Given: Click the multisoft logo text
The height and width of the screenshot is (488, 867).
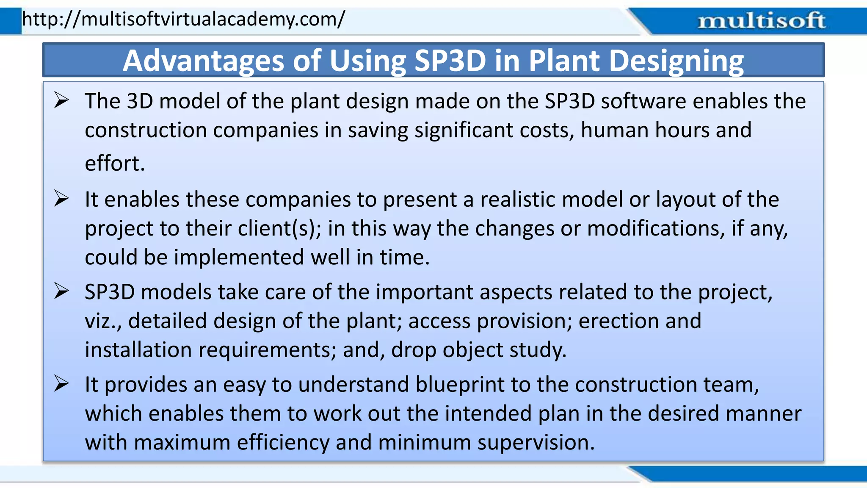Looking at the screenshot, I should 761,21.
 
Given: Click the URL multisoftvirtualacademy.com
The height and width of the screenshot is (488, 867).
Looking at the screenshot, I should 183,19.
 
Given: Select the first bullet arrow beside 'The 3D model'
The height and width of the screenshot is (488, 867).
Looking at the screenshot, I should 61,101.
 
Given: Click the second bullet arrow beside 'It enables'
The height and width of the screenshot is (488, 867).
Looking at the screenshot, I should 61,199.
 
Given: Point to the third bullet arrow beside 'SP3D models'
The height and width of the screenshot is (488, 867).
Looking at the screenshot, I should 61,291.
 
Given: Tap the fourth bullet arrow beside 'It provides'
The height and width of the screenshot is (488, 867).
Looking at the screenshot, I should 61,384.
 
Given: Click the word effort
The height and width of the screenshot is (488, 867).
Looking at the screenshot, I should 115,164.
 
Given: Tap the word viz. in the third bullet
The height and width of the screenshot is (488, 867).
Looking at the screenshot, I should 103,321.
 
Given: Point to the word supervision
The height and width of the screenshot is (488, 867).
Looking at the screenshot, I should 536,443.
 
